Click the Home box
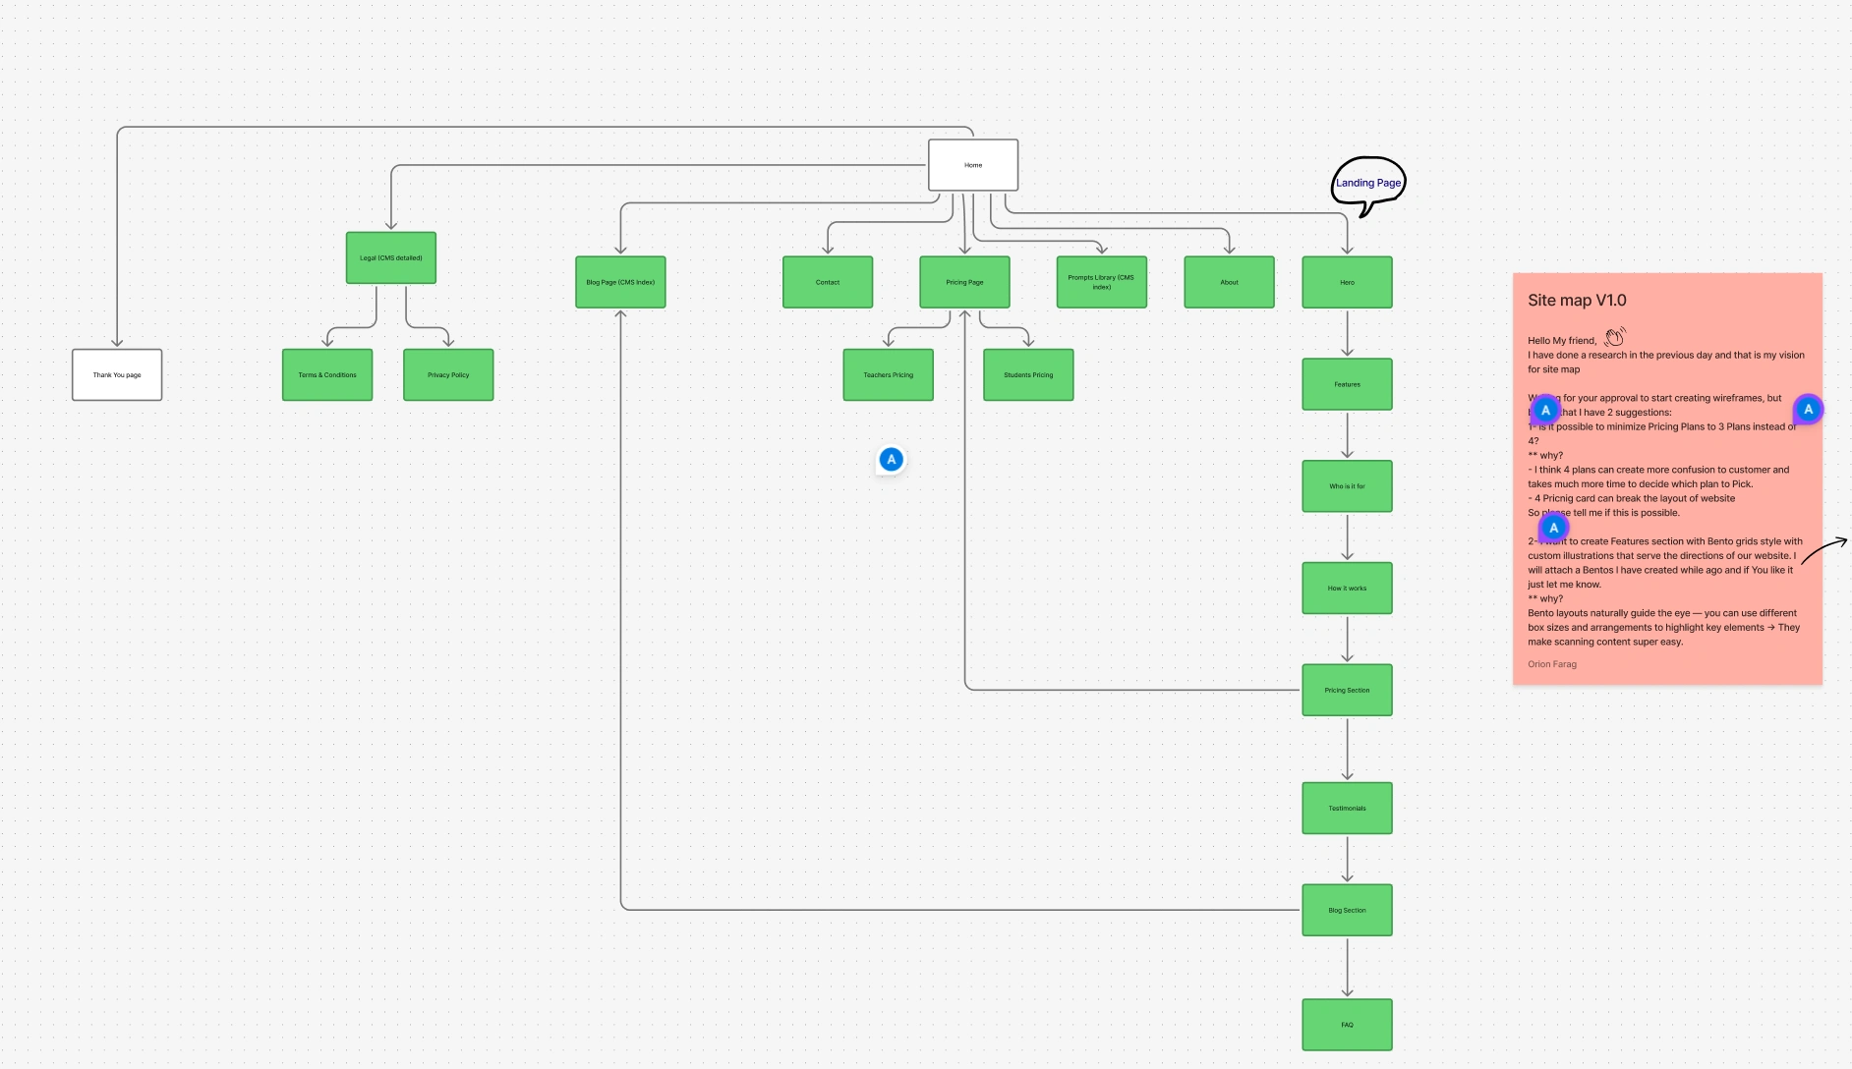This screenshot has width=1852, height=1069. (x=973, y=165)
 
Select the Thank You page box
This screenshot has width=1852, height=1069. (x=117, y=374)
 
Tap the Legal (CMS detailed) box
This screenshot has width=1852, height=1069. (x=391, y=257)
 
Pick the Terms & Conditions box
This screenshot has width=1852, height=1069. (x=327, y=374)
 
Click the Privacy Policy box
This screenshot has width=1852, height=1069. (x=448, y=374)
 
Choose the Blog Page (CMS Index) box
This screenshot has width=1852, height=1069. (x=620, y=282)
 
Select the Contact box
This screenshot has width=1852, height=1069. (x=828, y=282)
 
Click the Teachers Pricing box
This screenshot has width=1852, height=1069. (x=889, y=374)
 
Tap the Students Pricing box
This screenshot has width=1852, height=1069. (x=1028, y=374)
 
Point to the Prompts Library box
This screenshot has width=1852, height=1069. (x=1102, y=282)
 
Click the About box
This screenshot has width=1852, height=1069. (x=1230, y=282)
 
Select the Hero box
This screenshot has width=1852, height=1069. (x=1348, y=282)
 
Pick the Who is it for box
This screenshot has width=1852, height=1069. (x=1348, y=486)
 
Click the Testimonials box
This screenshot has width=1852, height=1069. (x=1348, y=808)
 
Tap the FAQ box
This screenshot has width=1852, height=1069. (x=1348, y=1025)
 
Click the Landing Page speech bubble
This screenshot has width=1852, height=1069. (x=1368, y=183)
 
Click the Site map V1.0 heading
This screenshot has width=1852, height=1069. (x=1577, y=301)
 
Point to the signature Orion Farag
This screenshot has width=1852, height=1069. (x=1552, y=664)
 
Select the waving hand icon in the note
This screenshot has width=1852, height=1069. (x=1615, y=337)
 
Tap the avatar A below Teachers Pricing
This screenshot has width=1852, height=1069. (x=892, y=459)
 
